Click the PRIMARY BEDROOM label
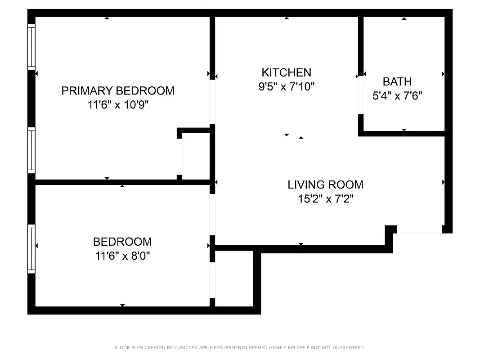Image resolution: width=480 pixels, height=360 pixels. [118, 90]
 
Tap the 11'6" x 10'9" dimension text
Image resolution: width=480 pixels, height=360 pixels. [118, 105]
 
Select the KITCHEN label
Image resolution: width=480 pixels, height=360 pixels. [286, 72]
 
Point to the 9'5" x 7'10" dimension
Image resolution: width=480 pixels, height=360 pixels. [286, 86]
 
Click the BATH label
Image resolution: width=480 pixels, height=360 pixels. [397, 81]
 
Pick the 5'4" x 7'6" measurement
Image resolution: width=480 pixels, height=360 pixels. [397, 96]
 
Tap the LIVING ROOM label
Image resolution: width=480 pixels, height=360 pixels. [325, 184]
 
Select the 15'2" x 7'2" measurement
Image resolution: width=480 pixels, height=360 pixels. [325, 199]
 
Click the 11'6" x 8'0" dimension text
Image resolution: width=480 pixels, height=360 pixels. [122, 256]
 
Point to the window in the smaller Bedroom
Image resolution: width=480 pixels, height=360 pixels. [31, 249]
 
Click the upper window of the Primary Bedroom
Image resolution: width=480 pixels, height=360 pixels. [31, 46]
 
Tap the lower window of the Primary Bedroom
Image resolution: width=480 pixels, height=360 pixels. [31, 150]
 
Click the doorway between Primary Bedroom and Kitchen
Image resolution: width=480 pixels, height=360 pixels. [212, 102]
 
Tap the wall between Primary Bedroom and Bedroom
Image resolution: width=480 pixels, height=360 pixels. [121, 182]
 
